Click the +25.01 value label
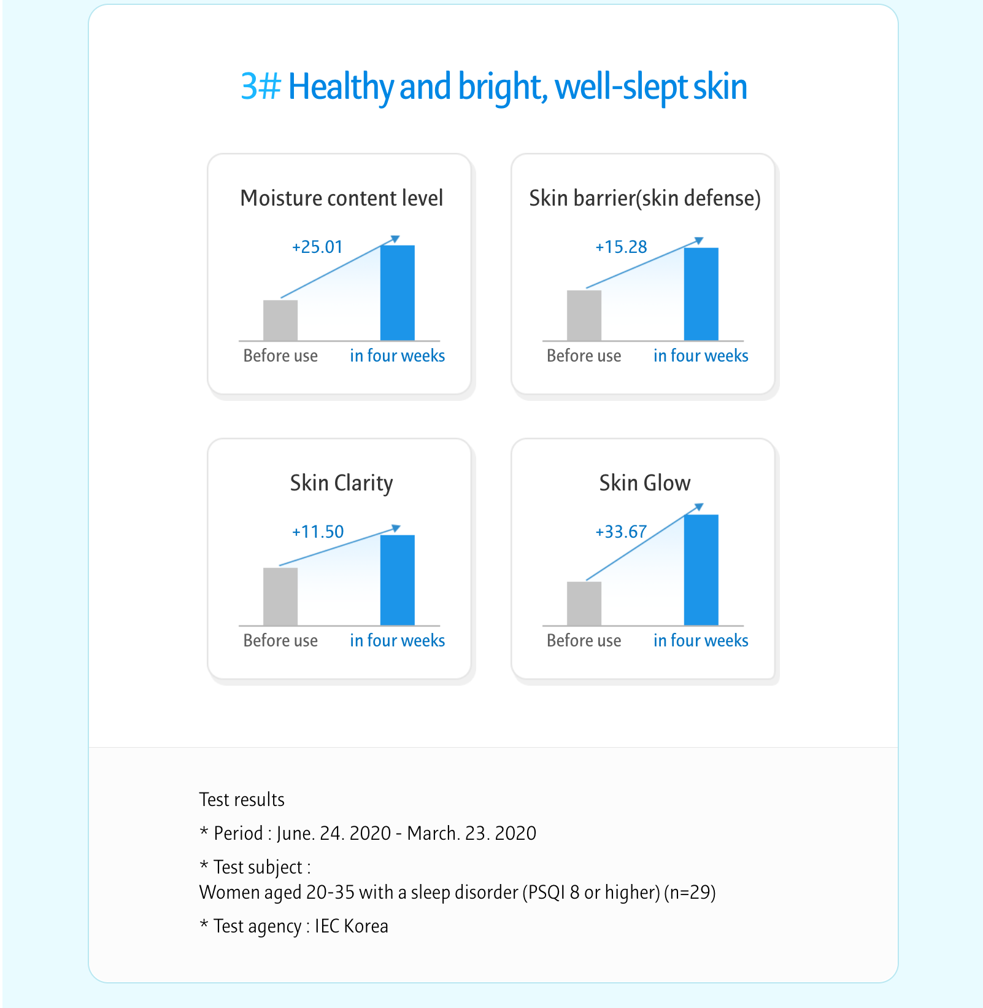(x=317, y=247)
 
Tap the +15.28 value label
(x=621, y=247)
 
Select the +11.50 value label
(x=318, y=532)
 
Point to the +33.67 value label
(x=621, y=532)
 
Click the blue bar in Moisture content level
(x=398, y=293)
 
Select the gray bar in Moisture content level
(x=280, y=320)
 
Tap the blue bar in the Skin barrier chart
(x=701, y=294)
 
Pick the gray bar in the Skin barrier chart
(x=584, y=315)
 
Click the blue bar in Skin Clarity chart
(x=398, y=580)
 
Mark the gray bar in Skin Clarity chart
(x=280, y=596)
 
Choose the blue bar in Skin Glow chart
(x=701, y=570)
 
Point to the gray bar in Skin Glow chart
(x=584, y=603)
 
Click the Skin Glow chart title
(x=645, y=483)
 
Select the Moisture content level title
(x=341, y=198)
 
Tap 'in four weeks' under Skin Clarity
(x=398, y=640)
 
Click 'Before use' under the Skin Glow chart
(x=584, y=640)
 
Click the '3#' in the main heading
(x=261, y=87)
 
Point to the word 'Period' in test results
(x=238, y=833)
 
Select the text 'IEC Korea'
(x=352, y=926)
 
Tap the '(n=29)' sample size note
(x=690, y=892)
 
